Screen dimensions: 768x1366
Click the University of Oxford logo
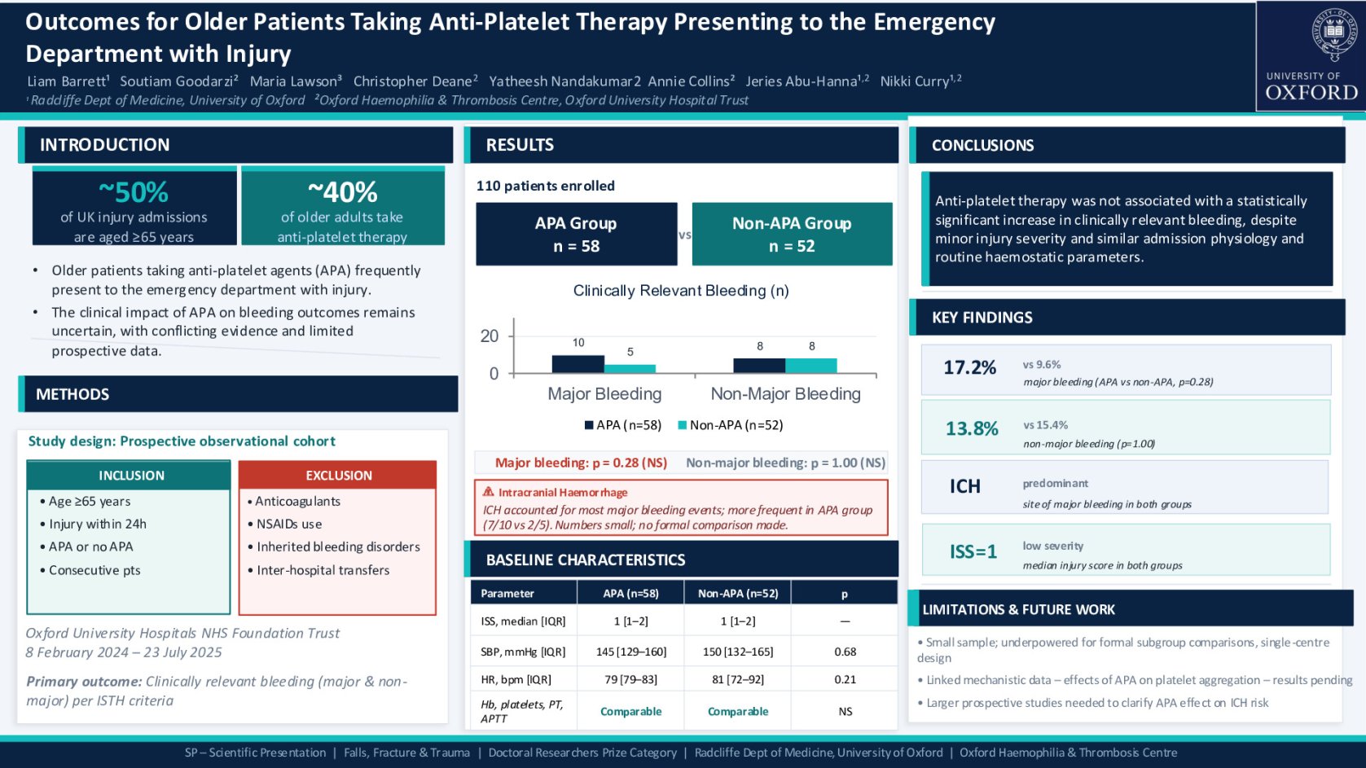[x=1311, y=56]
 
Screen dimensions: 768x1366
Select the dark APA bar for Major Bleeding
[x=578, y=364]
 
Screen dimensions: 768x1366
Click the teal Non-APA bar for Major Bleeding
[x=630, y=368]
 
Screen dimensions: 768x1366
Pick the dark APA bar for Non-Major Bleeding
[x=759, y=365]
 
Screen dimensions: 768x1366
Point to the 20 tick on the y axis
[x=490, y=336]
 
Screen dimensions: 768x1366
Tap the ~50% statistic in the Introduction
[x=134, y=192]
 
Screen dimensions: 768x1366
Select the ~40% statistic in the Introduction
[x=342, y=192]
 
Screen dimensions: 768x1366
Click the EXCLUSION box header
[x=338, y=475]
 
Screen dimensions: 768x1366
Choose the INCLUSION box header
[x=131, y=475]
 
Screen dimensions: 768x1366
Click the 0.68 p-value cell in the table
[x=845, y=652]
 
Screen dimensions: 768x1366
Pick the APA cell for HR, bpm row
[x=630, y=679]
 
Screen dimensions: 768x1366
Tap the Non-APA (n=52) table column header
[x=737, y=593]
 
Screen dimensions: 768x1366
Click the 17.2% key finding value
[x=969, y=367]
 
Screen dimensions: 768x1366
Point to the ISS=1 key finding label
[x=973, y=551]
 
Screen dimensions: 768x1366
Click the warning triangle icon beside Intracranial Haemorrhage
[x=488, y=492]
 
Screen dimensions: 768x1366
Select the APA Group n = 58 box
[x=576, y=234]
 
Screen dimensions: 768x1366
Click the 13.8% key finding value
[x=971, y=428]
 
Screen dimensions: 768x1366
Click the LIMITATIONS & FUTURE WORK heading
[x=1018, y=609]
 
